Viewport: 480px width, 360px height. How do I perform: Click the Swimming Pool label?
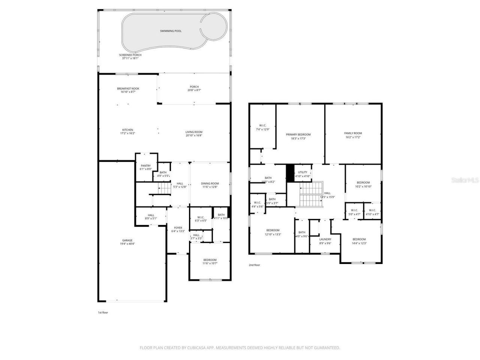171,31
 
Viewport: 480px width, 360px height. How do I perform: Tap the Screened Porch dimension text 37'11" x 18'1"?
130,58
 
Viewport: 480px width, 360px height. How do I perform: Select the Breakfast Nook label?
128,88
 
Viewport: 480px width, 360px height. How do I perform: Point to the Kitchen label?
127,130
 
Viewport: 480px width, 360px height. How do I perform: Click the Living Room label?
194,132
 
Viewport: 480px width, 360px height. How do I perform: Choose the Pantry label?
145,166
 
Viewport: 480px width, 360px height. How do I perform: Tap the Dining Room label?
210,183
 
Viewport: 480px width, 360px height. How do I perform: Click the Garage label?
127,240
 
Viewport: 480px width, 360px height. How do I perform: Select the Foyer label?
178,228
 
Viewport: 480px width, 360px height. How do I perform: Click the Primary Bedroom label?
298,135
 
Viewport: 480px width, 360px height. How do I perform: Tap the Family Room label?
353,133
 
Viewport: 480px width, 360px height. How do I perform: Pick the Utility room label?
302,172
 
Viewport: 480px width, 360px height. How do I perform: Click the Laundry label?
325,239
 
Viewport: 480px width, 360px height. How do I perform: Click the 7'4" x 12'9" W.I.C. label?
262,126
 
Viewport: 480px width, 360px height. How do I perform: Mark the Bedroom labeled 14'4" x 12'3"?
359,239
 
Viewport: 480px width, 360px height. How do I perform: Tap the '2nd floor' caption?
254,265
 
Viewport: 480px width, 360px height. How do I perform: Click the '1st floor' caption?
103,312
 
